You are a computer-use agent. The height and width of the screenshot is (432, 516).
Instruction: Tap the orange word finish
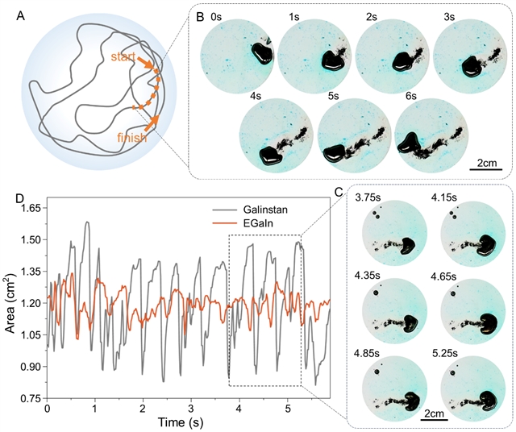pos(131,138)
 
